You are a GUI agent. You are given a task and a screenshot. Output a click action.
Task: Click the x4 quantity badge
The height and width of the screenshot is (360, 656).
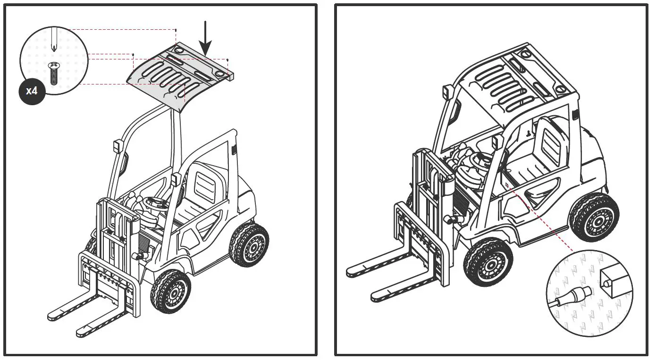pos(32,91)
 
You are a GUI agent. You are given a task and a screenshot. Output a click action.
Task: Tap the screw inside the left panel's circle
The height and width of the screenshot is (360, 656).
pos(53,73)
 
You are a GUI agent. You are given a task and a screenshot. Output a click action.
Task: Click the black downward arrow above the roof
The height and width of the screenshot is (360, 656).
pos(205,38)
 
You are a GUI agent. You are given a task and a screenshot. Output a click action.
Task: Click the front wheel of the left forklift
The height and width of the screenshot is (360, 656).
pos(170,291)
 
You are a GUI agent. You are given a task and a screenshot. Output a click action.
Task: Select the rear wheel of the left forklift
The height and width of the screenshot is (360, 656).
pos(248,244)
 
